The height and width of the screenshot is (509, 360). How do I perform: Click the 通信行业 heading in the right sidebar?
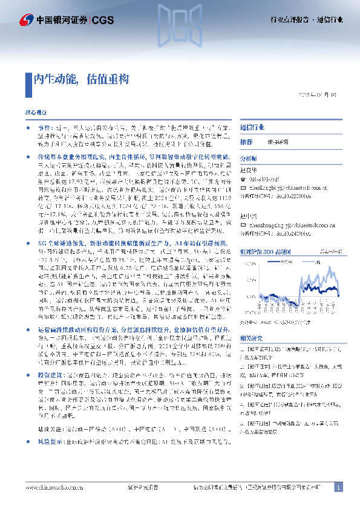tap(251, 129)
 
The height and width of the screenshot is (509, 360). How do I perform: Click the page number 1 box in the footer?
tap(338, 487)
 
